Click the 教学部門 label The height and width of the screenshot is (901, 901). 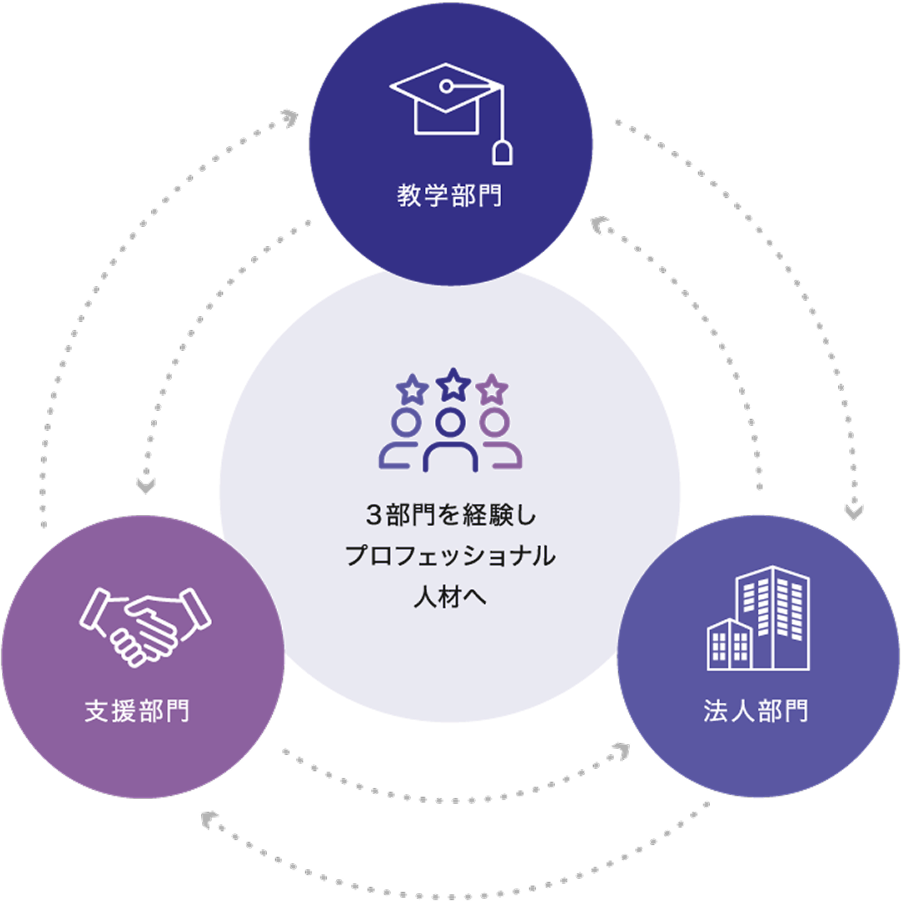click(449, 196)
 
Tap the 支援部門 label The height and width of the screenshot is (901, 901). click(137, 711)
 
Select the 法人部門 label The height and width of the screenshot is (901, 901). click(756, 711)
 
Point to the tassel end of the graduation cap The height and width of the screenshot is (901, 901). click(502, 153)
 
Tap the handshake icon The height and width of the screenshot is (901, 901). click(145, 625)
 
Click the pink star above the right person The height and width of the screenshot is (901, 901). click(492, 389)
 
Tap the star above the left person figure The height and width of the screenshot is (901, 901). click(412, 389)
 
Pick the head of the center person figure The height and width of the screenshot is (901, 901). click(450, 422)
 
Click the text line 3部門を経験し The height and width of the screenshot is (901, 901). click(450, 516)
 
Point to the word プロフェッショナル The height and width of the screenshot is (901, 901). click(450, 556)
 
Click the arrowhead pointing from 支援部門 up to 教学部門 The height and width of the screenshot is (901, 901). click(290, 118)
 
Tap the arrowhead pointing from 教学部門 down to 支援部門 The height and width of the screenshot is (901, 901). click(146, 486)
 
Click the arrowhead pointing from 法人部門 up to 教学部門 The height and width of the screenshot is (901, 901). click(599, 225)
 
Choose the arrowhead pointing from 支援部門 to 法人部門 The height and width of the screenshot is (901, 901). click(621, 751)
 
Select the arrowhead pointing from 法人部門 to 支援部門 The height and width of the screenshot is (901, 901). click(208, 819)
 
